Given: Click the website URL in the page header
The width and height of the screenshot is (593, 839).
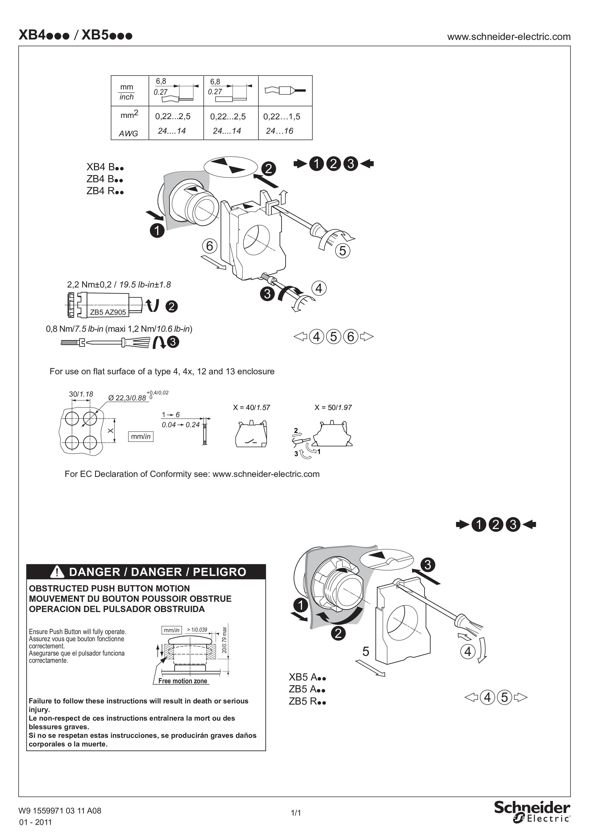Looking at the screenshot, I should click(509, 37).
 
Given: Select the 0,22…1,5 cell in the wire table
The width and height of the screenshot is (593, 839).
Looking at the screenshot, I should click(282, 116).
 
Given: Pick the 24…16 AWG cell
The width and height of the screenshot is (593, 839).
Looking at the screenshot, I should click(280, 131).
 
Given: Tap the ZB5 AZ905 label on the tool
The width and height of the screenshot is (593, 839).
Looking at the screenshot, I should click(108, 312).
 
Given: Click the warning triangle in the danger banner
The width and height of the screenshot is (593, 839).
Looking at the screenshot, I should click(57, 572).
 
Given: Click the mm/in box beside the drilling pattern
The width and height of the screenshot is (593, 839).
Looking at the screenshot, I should click(141, 436).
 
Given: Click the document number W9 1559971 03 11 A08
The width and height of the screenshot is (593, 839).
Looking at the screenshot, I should click(60, 811).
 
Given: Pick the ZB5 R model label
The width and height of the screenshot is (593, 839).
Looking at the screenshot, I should click(307, 701).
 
